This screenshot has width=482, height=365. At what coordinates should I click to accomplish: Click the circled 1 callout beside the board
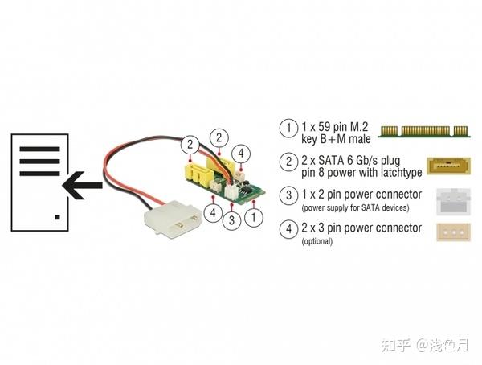tap(255, 215)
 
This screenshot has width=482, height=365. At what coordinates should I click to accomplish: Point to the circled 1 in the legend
tap(286, 129)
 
